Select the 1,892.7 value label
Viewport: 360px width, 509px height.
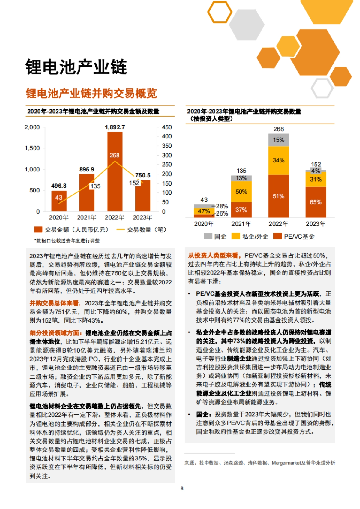coord(115,127)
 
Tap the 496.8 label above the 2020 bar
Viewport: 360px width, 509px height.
coord(59,186)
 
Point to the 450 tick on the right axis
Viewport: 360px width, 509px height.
coord(167,127)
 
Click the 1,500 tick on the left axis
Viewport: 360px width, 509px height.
coord(32,148)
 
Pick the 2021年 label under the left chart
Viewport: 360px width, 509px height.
coord(86,217)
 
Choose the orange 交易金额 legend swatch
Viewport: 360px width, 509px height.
coord(38,230)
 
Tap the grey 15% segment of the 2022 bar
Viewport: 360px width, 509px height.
coord(279,140)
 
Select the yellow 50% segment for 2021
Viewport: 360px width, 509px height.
coord(241,192)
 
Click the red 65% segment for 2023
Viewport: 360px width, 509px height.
coord(316,202)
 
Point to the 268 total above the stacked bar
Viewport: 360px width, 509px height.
coord(279,129)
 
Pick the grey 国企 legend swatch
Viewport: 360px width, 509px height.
coord(208,236)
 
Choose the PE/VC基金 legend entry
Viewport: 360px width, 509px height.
coord(294,236)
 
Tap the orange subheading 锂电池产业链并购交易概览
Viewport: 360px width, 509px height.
coord(91,93)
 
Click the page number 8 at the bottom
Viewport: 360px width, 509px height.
coord(182,488)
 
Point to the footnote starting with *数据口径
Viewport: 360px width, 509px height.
coord(67,240)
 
